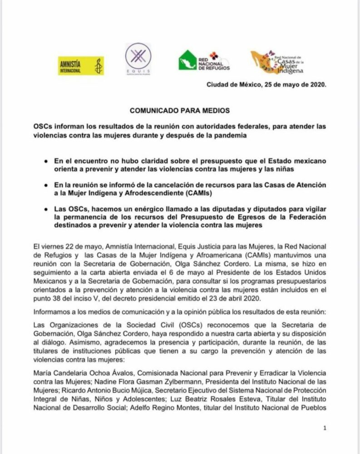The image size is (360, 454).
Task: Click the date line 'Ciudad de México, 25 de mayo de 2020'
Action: pos(266,84)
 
